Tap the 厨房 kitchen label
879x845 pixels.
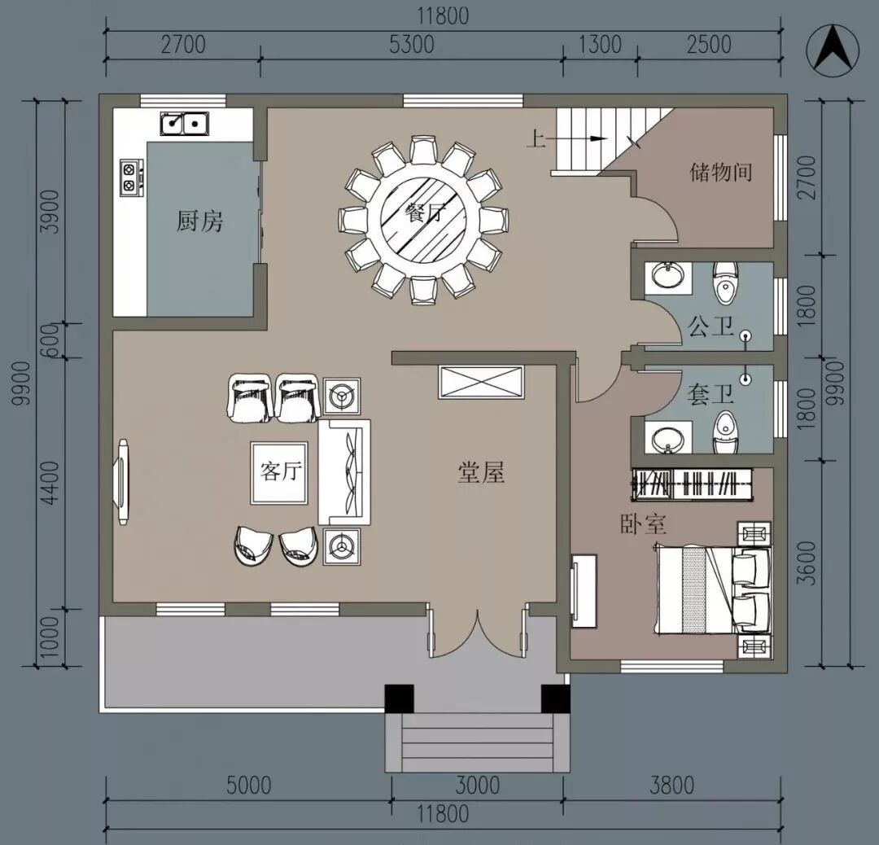click(x=199, y=221)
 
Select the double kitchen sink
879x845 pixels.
click(x=185, y=124)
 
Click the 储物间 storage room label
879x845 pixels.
click(x=721, y=172)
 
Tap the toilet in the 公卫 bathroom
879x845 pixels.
click(x=725, y=283)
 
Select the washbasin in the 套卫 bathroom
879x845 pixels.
click(x=667, y=438)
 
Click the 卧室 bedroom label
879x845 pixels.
click(x=644, y=524)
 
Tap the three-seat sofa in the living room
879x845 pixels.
click(x=344, y=472)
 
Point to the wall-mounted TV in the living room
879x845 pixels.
click(x=121, y=482)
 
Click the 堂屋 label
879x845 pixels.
click(x=481, y=473)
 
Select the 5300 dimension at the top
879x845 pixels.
click(x=412, y=45)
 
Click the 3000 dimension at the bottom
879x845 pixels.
click(x=477, y=785)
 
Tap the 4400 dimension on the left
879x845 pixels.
click(x=51, y=483)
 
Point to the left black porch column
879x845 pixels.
click(x=399, y=698)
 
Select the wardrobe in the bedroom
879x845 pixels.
click(x=693, y=482)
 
